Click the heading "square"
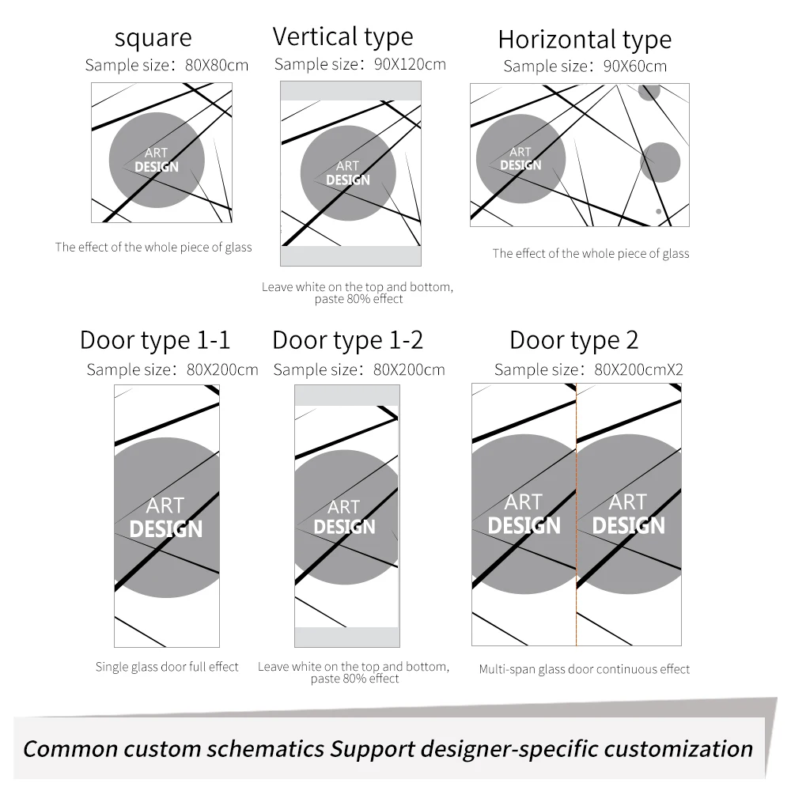153,38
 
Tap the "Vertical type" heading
343,37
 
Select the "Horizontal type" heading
585,40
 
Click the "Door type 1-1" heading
155,340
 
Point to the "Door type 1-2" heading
347,340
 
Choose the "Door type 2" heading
574,340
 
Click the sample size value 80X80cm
217,65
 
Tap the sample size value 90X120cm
410,64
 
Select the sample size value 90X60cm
635,66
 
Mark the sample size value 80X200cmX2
638,369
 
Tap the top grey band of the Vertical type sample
350,91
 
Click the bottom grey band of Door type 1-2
347,637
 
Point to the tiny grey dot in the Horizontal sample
658,211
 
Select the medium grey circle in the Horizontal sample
660,162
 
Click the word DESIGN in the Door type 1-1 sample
166,529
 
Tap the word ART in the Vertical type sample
347,166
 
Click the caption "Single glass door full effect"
167,667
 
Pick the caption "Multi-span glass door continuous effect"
585,669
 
